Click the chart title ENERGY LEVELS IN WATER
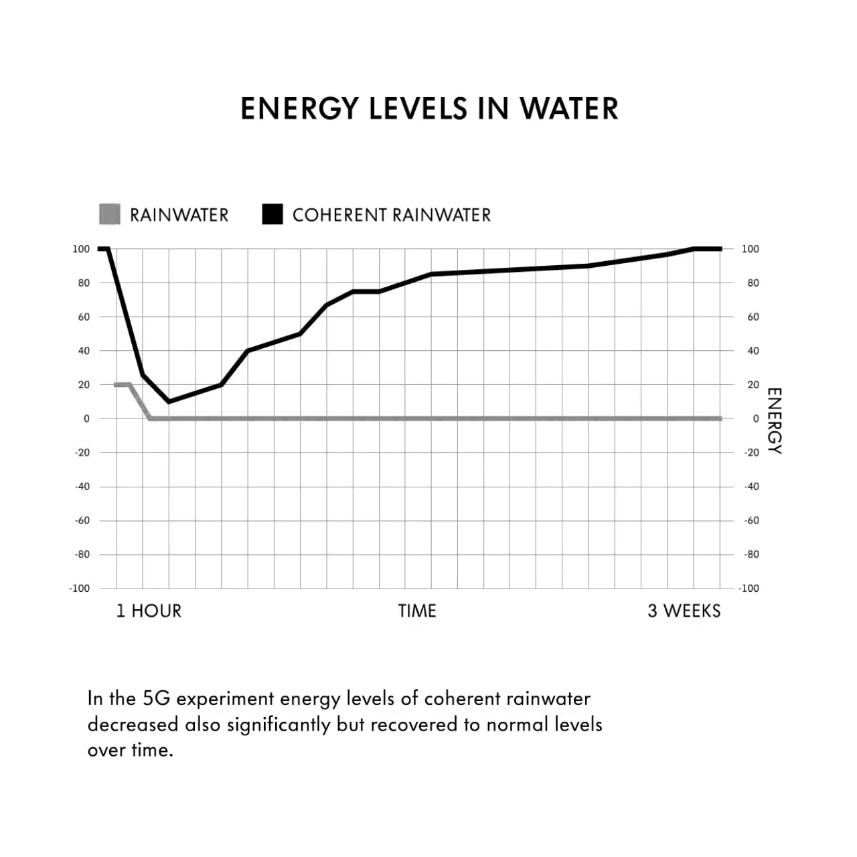pyautogui.click(x=429, y=108)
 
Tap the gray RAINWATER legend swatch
pyautogui.click(x=109, y=214)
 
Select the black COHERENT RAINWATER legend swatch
pyautogui.click(x=272, y=214)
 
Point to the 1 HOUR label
pyautogui.click(x=149, y=611)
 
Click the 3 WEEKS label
pyautogui.click(x=684, y=611)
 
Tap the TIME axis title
pyautogui.click(x=417, y=611)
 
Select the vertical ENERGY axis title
pyautogui.click(x=774, y=420)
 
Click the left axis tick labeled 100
pyautogui.click(x=81, y=249)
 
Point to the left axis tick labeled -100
pyautogui.click(x=79, y=589)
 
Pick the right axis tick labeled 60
pyautogui.click(x=753, y=317)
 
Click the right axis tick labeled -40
pyautogui.click(x=752, y=487)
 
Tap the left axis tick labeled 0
pyautogui.click(x=86, y=418)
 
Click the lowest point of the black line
pyautogui.click(x=169, y=402)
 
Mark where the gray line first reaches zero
pyautogui.click(x=150, y=418)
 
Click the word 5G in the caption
pyautogui.click(x=157, y=698)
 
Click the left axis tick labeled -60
pyautogui.click(x=82, y=520)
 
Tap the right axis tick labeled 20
pyautogui.click(x=753, y=385)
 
